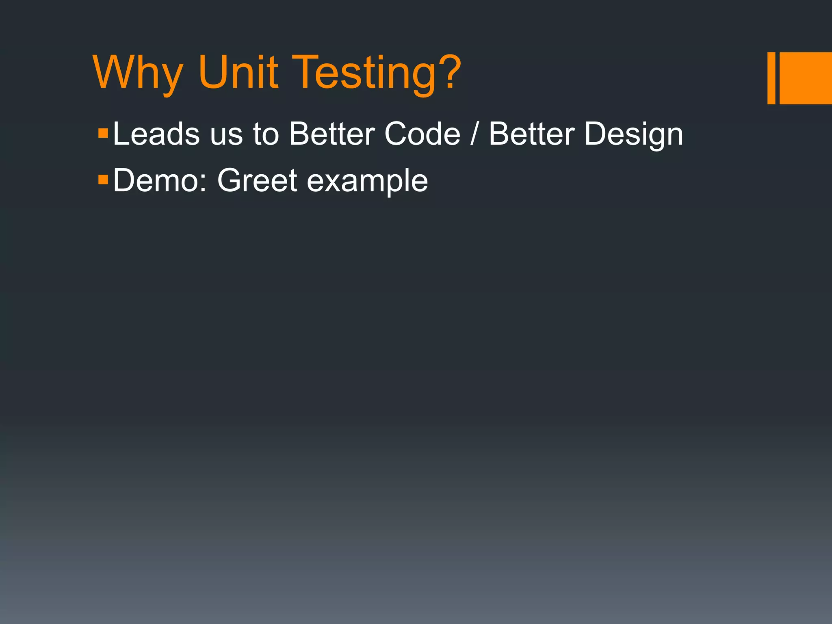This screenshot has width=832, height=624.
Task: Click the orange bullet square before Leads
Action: click(103, 133)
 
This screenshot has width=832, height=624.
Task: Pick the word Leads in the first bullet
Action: click(156, 134)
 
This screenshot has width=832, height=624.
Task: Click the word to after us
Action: click(266, 134)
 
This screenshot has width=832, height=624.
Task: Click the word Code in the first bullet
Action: click(422, 134)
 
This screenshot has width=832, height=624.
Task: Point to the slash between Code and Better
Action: click(474, 134)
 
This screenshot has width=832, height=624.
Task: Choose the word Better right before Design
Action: click(531, 134)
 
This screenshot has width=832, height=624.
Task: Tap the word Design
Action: click(634, 135)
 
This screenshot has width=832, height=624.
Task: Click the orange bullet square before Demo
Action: click(103, 179)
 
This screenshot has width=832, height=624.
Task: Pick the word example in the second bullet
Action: click(367, 182)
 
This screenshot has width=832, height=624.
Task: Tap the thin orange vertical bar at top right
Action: click(771, 78)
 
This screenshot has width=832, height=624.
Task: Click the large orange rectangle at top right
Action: click(806, 78)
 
